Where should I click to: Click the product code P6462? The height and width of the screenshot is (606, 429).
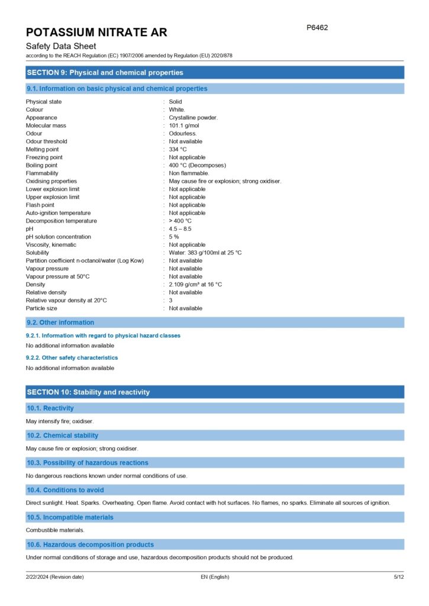click(317, 28)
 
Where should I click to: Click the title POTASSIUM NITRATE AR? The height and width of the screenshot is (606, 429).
click(96, 32)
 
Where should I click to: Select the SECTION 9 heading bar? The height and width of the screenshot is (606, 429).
click(215, 73)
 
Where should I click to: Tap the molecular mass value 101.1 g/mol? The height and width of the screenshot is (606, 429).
click(184, 125)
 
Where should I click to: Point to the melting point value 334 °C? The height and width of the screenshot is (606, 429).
click(178, 149)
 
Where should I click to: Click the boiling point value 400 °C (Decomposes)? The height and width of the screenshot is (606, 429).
click(197, 165)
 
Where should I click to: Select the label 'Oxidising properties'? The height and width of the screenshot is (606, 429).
click(51, 181)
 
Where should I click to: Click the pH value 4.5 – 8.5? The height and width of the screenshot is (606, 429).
click(180, 228)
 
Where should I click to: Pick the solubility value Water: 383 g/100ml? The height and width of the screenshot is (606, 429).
click(205, 253)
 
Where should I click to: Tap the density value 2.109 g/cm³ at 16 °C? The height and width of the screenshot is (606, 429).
click(195, 285)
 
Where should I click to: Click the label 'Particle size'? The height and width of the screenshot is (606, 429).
click(41, 308)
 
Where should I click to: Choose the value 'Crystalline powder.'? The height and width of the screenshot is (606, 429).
click(193, 118)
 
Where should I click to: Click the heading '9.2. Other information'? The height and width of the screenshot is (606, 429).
click(60, 323)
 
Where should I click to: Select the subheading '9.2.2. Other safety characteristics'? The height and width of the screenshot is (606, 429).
click(72, 357)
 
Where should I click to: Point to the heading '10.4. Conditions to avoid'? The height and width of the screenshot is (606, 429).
click(65, 490)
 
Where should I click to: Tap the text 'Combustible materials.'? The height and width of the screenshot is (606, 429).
click(55, 530)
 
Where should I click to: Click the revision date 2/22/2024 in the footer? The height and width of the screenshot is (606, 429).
click(54, 577)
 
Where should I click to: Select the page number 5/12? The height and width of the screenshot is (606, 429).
click(399, 577)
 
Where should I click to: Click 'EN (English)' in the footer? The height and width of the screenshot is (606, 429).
click(215, 577)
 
